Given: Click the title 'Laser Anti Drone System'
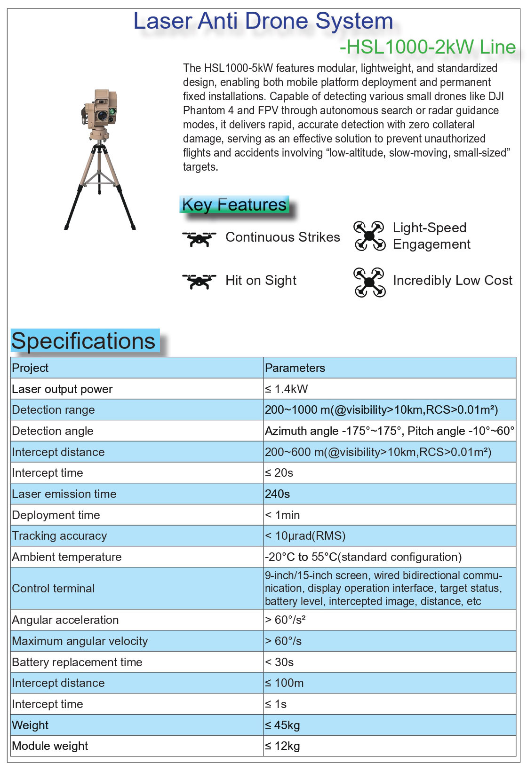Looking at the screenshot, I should (x=263, y=21).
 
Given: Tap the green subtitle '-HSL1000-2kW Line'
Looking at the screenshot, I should (x=427, y=47).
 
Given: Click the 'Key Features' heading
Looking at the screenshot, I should (x=234, y=205).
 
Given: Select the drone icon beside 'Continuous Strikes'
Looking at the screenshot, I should (x=199, y=238).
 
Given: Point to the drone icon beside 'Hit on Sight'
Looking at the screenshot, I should (x=199, y=281).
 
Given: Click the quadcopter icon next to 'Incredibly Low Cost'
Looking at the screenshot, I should (x=369, y=282).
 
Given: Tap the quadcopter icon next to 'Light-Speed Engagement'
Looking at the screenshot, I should (x=369, y=236).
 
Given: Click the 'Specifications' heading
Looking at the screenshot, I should (x=83, y=341).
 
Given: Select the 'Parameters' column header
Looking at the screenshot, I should (x=295, y=368).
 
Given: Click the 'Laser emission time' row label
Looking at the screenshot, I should (x=64, y=494).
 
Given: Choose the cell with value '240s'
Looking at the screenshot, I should (x=278, y=494).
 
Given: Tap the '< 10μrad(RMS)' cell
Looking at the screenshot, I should (x=305, y=536).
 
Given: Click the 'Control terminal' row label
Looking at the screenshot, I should (x=53, y=589).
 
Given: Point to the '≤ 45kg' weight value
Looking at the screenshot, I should (x=282, y=725).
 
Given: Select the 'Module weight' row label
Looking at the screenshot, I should (x=50, y=746).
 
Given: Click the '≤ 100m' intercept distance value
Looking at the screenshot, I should (x=284, y=683).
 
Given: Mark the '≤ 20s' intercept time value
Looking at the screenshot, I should (x=279, y=473).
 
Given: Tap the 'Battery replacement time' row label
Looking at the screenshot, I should (x=77, y=662).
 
